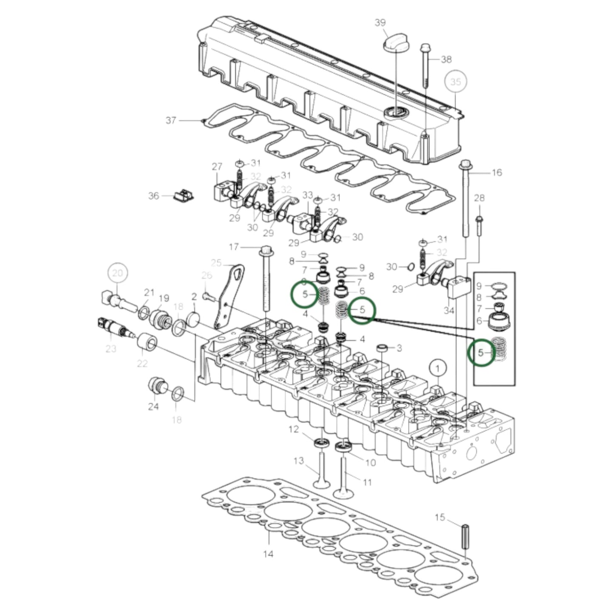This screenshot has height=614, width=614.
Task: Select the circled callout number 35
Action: click(x=455, y=82)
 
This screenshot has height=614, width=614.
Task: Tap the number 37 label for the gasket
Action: click(x=171, y=121)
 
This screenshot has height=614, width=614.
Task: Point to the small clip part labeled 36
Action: click(x=184, y=195)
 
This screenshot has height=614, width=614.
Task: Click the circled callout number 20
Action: click(x=118, y=273)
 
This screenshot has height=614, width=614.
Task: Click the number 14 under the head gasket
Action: click(x=268, y=554)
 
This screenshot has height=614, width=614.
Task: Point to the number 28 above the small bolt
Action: click(x=479, y=198)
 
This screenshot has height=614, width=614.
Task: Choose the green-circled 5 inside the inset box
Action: click(x=481, y=353)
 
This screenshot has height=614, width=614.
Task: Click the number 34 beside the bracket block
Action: click(x=449, y=310)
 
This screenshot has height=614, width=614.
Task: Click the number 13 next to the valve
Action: click(x=299, y=461)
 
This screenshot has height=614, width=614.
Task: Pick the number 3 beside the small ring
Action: click(x=399, y=348)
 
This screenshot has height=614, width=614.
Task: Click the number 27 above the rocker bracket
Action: click(x=217, y=167)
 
